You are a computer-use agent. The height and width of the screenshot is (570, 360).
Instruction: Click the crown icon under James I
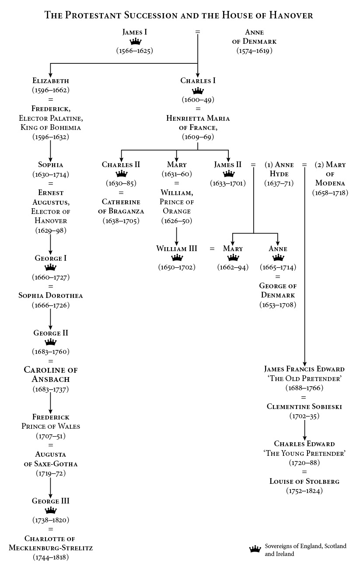click(x=136, y=42)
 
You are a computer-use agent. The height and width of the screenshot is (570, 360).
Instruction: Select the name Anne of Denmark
click(x=254, y=37)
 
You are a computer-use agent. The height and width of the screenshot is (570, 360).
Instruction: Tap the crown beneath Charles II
click(x=121, y=174)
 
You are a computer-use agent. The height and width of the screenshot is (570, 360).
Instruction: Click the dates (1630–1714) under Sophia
click(x=50, y=174)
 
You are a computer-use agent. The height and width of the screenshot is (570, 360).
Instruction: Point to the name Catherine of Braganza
click(x=121, y=206)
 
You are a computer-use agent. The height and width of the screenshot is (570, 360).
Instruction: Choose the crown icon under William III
click(x=177, y=258)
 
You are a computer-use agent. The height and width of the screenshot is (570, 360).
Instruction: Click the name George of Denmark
click(x=278, y=290)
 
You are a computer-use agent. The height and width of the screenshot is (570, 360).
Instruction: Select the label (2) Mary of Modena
click(x=330, y=174)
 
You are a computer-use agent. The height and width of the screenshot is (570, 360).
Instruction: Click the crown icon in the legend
click(x=255, y=549)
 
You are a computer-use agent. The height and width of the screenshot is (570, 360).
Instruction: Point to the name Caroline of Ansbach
click(x=50, y=375)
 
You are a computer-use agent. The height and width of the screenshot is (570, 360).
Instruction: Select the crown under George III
click(x=51, y=511)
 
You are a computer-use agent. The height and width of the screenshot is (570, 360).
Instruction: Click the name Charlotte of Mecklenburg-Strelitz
click(x=51, y=543)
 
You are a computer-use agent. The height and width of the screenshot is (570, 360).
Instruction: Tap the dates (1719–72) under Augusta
click(x=50, y=473)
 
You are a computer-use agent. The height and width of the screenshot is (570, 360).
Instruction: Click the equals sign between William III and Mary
click(x=212, y=249)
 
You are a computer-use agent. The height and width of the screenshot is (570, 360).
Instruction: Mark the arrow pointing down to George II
click(x=50, y=319)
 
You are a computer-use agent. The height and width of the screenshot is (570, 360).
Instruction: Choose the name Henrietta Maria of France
click(x=198, y=122)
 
